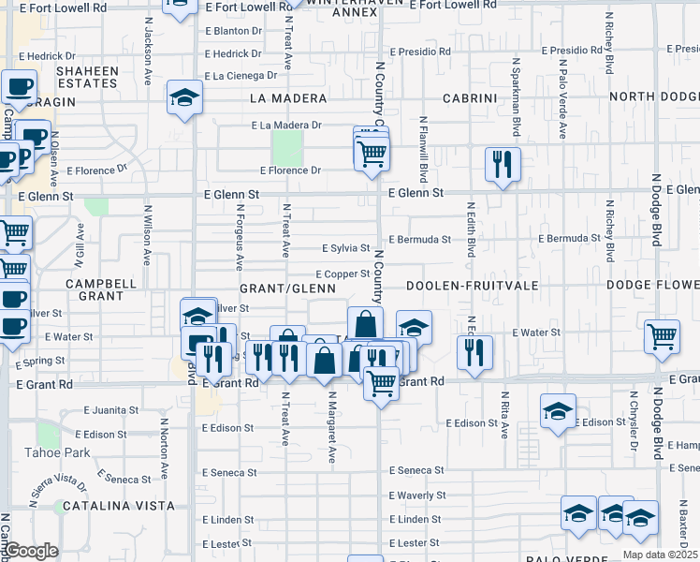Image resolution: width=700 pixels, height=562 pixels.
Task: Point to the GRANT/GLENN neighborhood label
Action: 287,288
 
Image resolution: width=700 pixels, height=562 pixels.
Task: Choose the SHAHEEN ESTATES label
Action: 87,77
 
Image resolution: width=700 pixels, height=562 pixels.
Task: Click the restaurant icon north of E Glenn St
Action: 503,166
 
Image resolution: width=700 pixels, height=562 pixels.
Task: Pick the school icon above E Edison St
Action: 558,410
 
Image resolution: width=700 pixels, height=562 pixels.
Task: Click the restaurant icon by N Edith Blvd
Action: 474,352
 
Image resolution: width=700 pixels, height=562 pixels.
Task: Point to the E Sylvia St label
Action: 346,248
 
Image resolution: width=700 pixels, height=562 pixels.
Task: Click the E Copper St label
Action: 343,274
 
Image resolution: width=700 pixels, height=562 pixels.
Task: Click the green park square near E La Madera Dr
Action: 286,146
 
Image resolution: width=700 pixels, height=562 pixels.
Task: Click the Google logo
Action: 32,551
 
